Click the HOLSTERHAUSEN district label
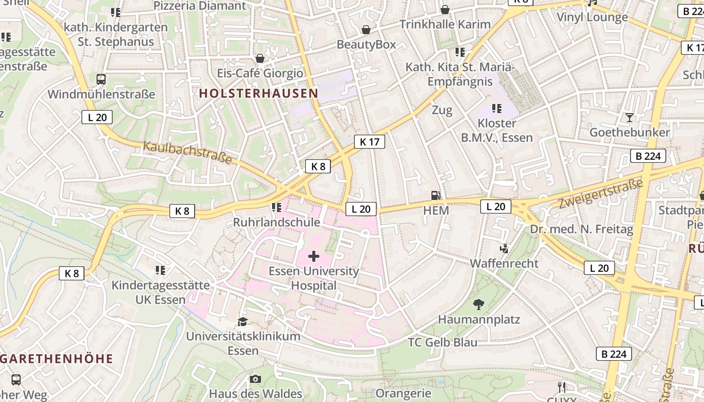coord(258,93)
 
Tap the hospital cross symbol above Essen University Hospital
coord(314,257)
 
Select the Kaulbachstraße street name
coord(188,152)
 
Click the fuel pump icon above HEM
coord(436,195)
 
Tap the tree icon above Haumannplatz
coord(479,304)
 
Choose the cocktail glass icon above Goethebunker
coord(629,118)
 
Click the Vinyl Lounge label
coord(592,17)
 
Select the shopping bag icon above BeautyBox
coord(367,30)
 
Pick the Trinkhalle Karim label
coord(445,24)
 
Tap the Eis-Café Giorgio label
coord(260,73)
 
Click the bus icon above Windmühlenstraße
coord(101,79)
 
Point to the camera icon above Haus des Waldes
coord(255,379)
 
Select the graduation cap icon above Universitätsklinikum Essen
coord(243,322)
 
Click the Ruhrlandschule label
coord(276,222)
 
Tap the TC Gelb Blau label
coord(443,342)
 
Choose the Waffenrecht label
coord(504,263)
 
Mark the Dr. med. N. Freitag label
coord(581,230)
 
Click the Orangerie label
coord(403,393)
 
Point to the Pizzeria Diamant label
coord(200,6)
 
